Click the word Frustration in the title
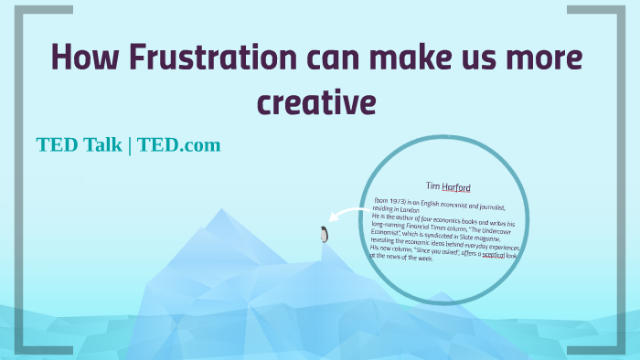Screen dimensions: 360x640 (213, 58)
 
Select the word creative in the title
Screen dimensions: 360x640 (316, 100)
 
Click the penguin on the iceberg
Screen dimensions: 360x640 (323, 235)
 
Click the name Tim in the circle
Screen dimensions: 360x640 (432, 185)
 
